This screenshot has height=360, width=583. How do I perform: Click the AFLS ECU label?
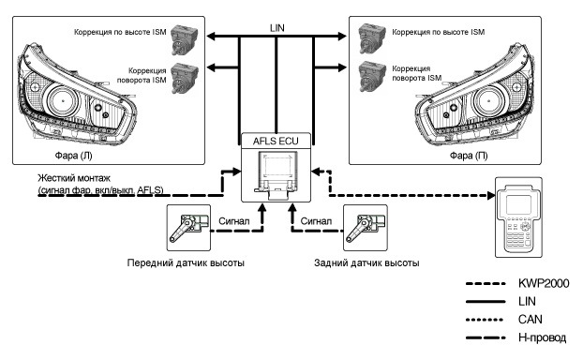click(x=276, y=142)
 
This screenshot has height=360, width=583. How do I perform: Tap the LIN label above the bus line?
click(x=277, y=28)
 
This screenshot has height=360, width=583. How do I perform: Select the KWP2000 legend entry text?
click(x=544, y=283)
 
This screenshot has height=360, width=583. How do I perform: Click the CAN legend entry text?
click(x=531, y=319)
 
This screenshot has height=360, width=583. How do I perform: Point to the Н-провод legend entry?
click(x=542, y=337)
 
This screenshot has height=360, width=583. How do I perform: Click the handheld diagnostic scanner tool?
click(x=518, y=217)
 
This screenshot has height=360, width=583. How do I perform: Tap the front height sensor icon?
click(x=188, y=228)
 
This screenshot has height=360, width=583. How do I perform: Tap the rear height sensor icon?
click(x=366, y=228)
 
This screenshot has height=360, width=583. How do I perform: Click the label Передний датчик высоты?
click(x=186, y=262)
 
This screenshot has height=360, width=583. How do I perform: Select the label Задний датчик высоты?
click(x=366, y=262)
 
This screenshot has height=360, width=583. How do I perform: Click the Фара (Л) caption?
click(x=74, y=156)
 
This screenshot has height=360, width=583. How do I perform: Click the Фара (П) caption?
click(x=469, y=156)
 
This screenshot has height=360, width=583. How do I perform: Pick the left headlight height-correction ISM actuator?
click(x=184, y=39)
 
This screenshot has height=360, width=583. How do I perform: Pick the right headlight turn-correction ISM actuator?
click(x=372, y=78)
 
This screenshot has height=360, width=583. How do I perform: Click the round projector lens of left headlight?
click(x=63, y=101)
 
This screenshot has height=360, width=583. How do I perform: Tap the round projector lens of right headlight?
click(x=487, y=101)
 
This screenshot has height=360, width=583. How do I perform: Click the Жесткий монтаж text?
click(x=74, y=178)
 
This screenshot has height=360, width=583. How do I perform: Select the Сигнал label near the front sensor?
click(x=234, y=221)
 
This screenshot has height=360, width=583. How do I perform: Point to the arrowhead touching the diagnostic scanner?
click(x=491, y=195)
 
